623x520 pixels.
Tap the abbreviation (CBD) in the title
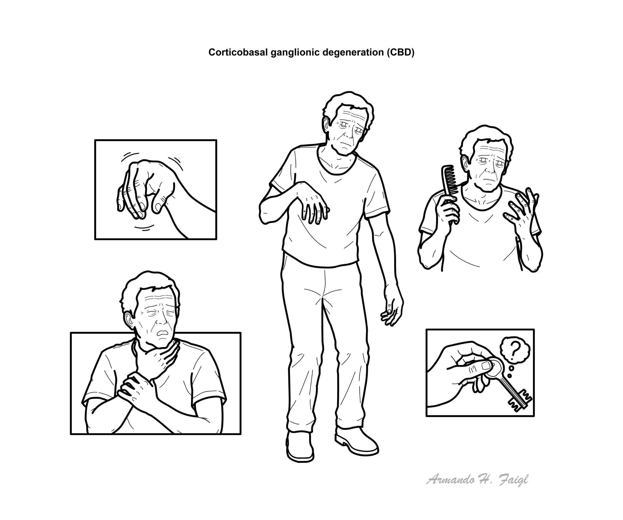click(x=400, y=52)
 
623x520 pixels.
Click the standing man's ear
click(x=326, y=125)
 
